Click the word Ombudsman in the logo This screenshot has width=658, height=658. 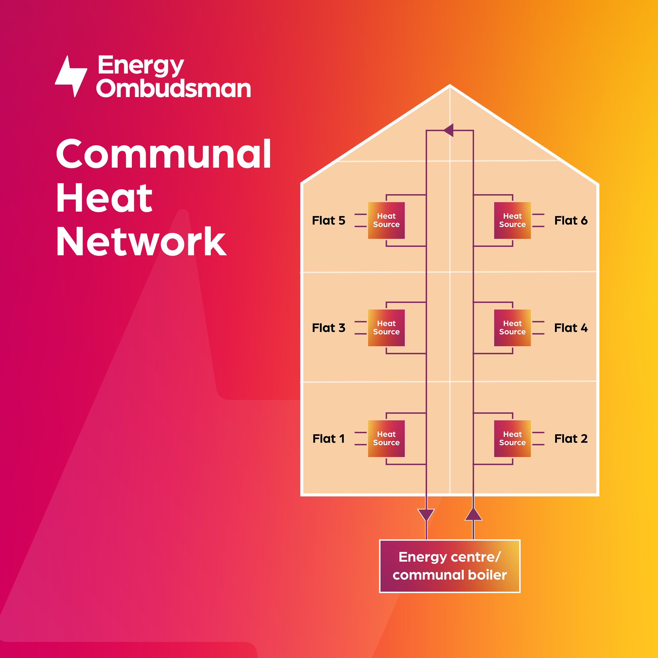(x=174, y=88)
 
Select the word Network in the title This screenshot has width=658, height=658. (x=141, y=242)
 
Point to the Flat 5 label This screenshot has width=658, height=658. (x=329, y=221)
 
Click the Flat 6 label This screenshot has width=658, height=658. (x=571, y=221)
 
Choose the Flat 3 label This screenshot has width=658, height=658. (x=329, y=328)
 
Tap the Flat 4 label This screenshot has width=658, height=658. (x=571, y=328)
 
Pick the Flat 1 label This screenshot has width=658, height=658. (x=329, y=439)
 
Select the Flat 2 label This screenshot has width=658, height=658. (x=571, y=439)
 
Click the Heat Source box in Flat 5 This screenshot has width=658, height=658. (x=386, y=220)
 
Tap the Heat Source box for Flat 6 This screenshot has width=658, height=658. (x=512, y=220)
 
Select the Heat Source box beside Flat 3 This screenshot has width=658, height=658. (x=386, y=328)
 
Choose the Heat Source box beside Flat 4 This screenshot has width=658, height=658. (x=512, y=328)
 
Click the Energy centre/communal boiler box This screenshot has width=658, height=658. (x=450, y=566)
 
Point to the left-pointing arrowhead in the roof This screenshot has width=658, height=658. (x=449, y=130)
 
